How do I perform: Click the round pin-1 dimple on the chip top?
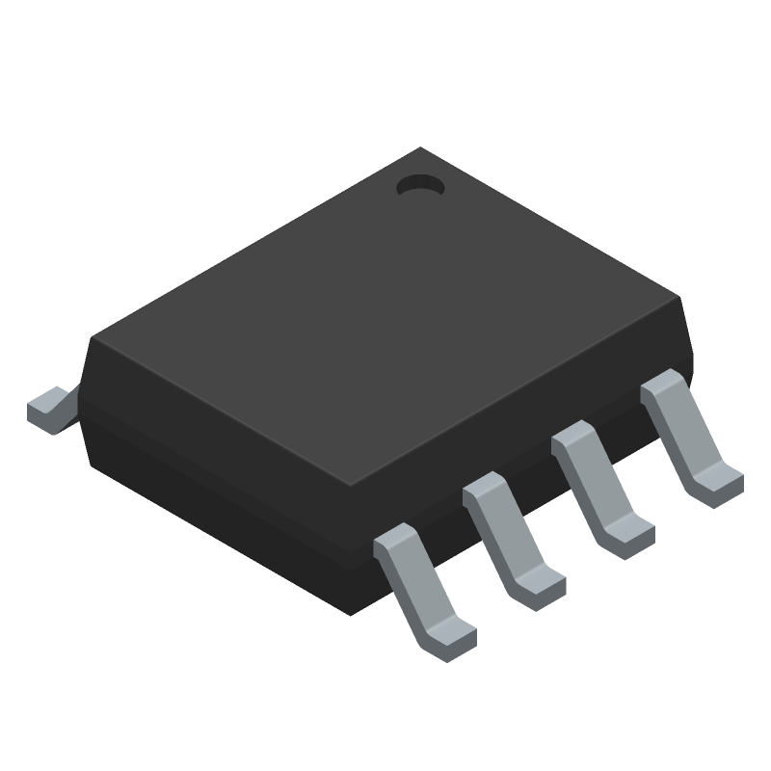coord(419,185)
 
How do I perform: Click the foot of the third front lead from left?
coord(628,532)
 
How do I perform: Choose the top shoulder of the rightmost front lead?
coord(661,383)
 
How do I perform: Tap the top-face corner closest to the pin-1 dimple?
coord(420,149)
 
